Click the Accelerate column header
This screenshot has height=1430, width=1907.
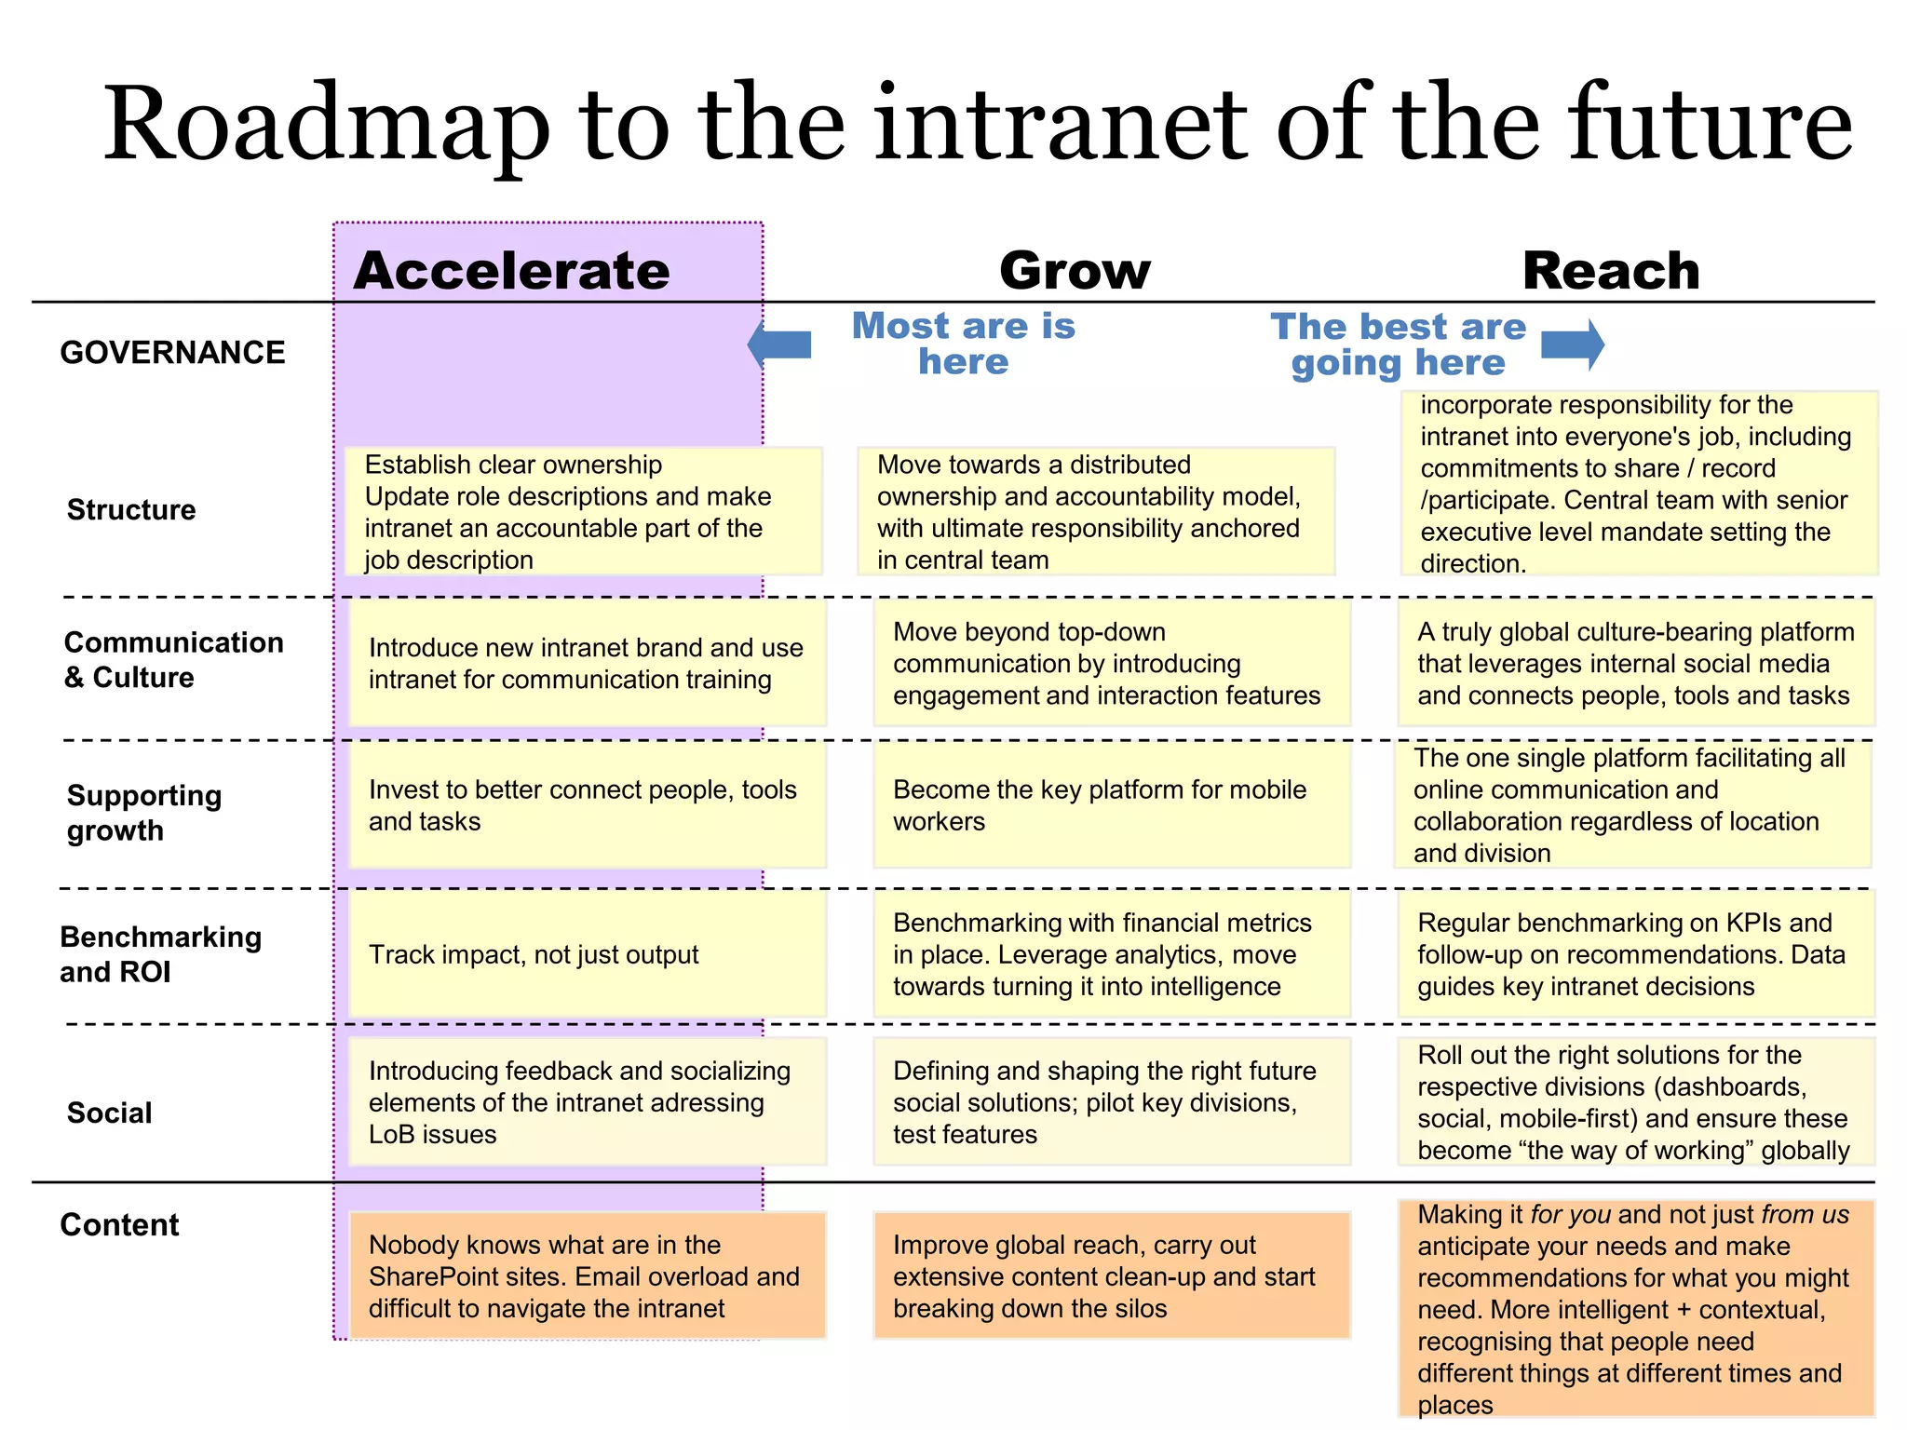511,271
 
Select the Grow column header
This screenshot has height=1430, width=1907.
1075,271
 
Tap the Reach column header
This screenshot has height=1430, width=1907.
1611,271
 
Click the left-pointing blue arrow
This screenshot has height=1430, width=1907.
779,344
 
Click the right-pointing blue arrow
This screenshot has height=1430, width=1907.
1573,344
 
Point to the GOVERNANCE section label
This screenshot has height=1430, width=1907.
172,353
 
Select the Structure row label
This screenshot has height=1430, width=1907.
131,510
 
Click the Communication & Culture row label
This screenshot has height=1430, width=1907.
173,659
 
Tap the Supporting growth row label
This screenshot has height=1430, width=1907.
144,813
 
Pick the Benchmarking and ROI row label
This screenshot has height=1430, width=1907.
160,954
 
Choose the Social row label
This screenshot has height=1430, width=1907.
109,1113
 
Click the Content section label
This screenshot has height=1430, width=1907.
119,1224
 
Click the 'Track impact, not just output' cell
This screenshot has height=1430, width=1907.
587,954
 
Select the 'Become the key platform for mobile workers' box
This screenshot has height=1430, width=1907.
1112,805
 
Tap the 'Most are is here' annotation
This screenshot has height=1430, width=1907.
964,344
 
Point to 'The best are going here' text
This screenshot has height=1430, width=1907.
1398,344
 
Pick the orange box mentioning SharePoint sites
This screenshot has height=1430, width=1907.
587,1275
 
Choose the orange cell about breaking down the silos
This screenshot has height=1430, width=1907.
1112,1275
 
